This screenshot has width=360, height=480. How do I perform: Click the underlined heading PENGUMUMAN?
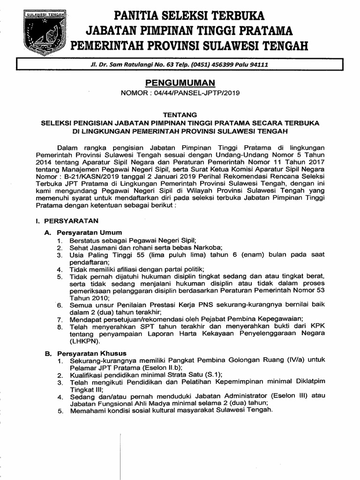[x=180, y=83]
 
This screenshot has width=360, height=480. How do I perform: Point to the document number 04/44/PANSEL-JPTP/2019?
[x=199, y=93]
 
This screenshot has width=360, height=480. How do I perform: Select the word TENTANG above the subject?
[x=180, y=114]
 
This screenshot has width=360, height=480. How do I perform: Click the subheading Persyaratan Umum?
[x=90, y=232]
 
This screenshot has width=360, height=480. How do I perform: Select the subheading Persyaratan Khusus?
[x=91, y=353]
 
